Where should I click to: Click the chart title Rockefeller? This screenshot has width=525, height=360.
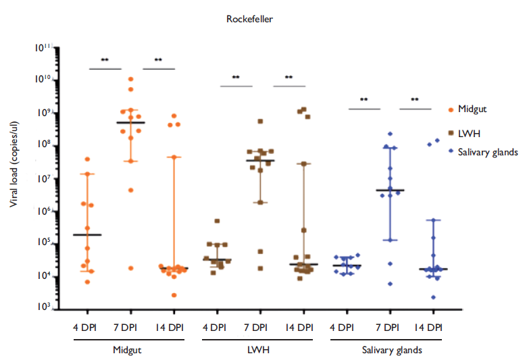click(249, 19)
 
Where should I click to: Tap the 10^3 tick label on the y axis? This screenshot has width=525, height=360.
click(43, 307)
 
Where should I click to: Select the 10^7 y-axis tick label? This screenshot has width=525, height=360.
click(43, 179)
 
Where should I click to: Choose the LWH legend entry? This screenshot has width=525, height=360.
click(466, 130)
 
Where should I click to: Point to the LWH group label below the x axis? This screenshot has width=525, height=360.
click(257, 351)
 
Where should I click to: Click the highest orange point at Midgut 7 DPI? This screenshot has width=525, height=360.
click(131, 79)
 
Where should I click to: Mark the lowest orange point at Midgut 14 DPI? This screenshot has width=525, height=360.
click(174, 295)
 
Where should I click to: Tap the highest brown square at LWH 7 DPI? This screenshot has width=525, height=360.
click(260, 122)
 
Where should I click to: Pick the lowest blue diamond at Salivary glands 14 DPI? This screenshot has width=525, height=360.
click(433, 297)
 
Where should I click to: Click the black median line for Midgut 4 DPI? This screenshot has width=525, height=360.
click(88, 234)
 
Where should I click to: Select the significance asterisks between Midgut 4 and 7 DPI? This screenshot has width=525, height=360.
click(105, 60)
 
